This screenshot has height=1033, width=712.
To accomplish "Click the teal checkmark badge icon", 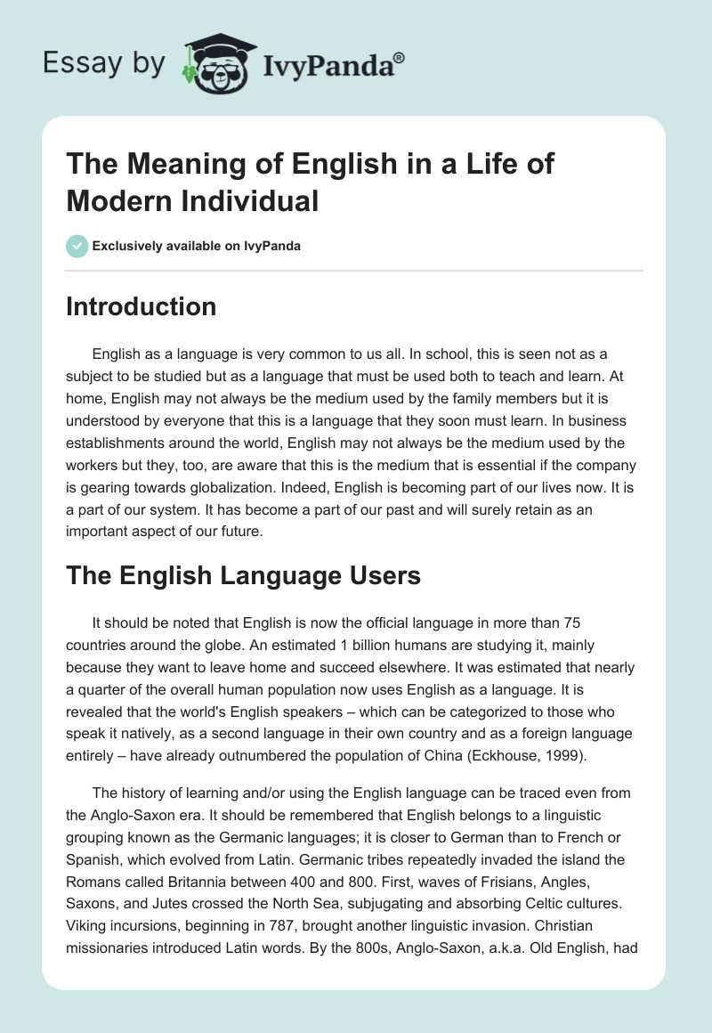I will click(x=77, y=246).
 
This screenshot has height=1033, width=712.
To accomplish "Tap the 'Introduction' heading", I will click(x=141, y=306).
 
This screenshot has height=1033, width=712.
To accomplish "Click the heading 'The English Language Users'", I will click(x=243, y=575).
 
